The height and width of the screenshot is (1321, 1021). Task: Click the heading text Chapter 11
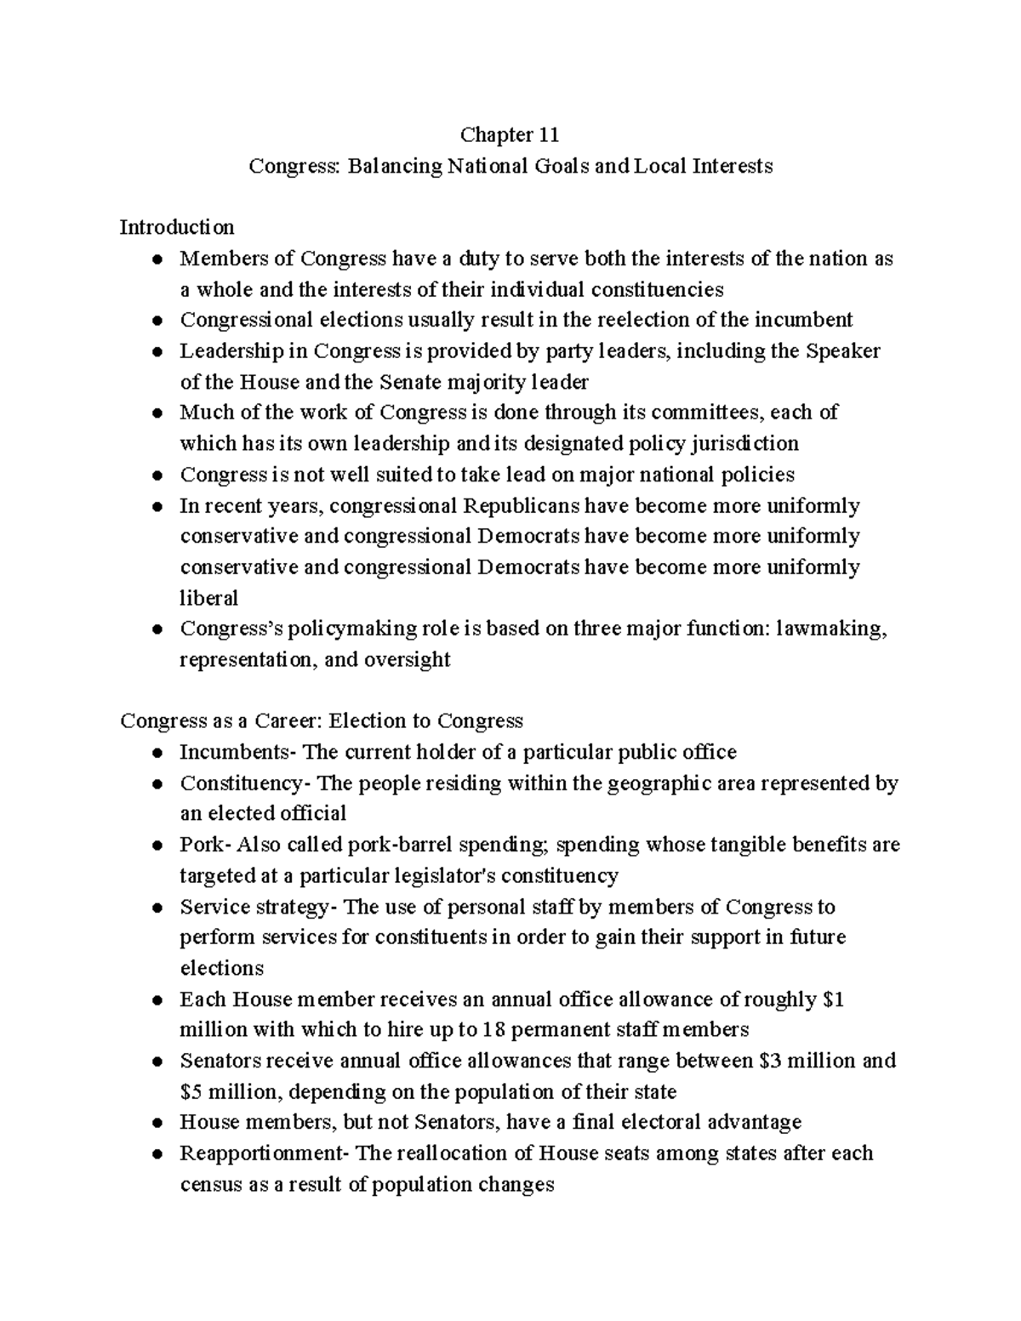click(510, 134)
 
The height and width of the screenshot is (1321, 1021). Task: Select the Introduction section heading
click(176, 227)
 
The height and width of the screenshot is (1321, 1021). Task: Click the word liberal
click(208, 598)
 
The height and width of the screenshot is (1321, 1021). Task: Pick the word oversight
click(406, 659)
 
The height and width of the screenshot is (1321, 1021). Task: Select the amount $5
click(191, 1091)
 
